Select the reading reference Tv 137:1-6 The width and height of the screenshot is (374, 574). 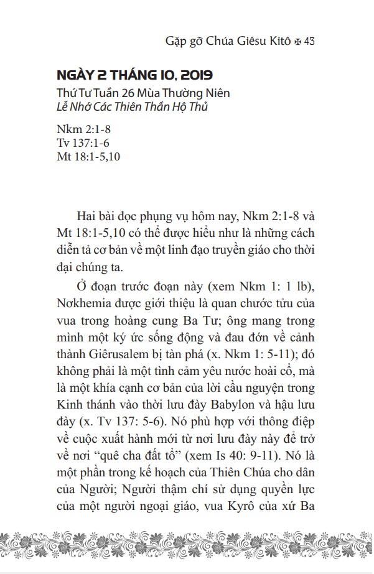(x=81, y=144)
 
